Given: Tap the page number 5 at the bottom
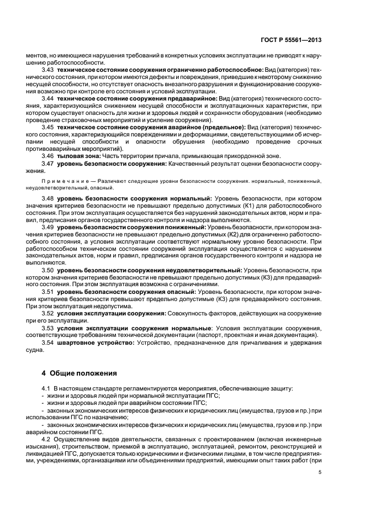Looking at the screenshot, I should pos(320,472).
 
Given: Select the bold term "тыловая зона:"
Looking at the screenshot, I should pos(75,155).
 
